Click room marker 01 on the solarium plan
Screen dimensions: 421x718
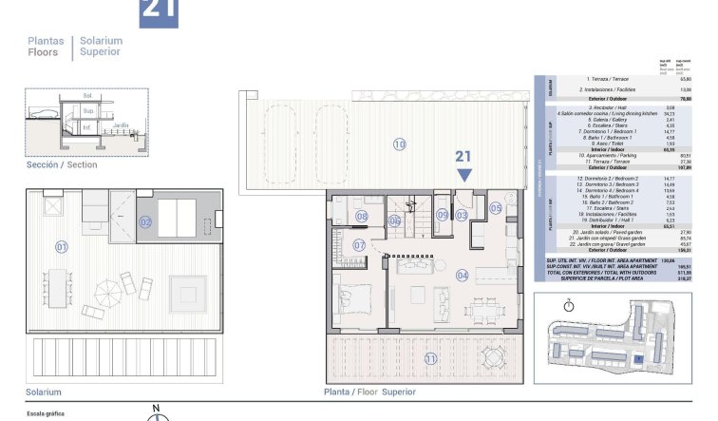pos(62,247)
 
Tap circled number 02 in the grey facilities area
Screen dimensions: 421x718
pos(145,222)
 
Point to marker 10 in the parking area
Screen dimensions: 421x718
pos(399,144)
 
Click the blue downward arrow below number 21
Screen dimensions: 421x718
pos(463,175)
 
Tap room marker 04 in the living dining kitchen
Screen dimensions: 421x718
pos(463,277)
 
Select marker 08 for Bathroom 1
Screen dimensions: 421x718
pos(361,217)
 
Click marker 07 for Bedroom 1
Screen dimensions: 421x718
pos(359,245)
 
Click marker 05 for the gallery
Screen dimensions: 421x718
pos(495,208)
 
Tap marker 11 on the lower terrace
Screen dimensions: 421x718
pos(430,358)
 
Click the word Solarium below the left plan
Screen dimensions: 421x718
pos(44,392)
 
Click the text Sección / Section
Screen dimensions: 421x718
pos(62,164)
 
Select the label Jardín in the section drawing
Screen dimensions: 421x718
pos(121,125)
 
